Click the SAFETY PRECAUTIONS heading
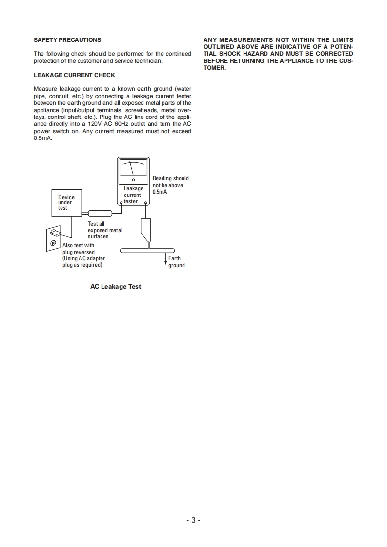coord(67,40)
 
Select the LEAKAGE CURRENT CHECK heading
coord(74,75)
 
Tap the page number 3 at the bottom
coord(193,520)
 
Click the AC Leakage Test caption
coord(116,287)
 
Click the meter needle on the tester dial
coord(132,169)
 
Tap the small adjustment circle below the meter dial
coord(133,180)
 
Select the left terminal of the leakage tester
coord(122,204)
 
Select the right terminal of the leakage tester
coord(144,204)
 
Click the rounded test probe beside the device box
coord(100,213)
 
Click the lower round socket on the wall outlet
coord(52,243)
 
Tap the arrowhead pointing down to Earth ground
coord(165,263)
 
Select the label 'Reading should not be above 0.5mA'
coord(170,185)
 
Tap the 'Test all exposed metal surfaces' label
coord(104,230)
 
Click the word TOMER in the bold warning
coord(215,68)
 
